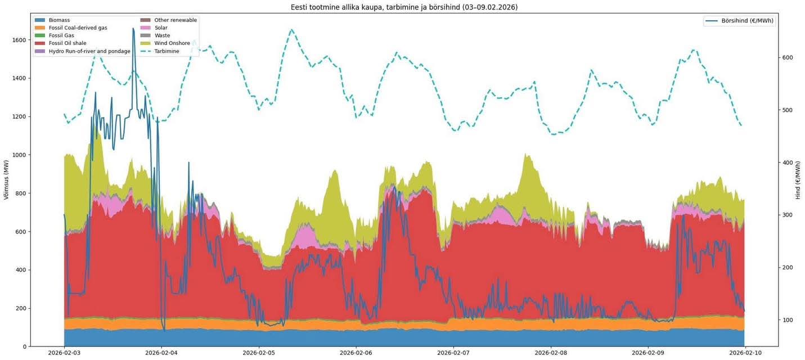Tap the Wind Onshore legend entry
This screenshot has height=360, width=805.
coord(172,43)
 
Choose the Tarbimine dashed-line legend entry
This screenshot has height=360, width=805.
coord(167,51)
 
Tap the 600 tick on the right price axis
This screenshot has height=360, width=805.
coord(788,58)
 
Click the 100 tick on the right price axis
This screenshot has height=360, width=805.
coord(788,320)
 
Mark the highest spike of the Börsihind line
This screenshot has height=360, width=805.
coord(133,28)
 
